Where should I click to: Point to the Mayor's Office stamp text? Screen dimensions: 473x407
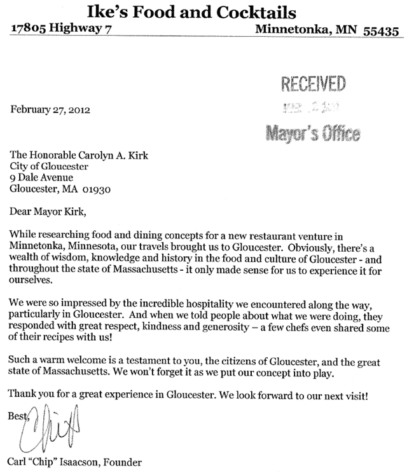point(312,133)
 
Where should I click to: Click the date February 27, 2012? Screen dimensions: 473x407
point(50,108)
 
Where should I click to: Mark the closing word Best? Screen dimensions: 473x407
point(20,416)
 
